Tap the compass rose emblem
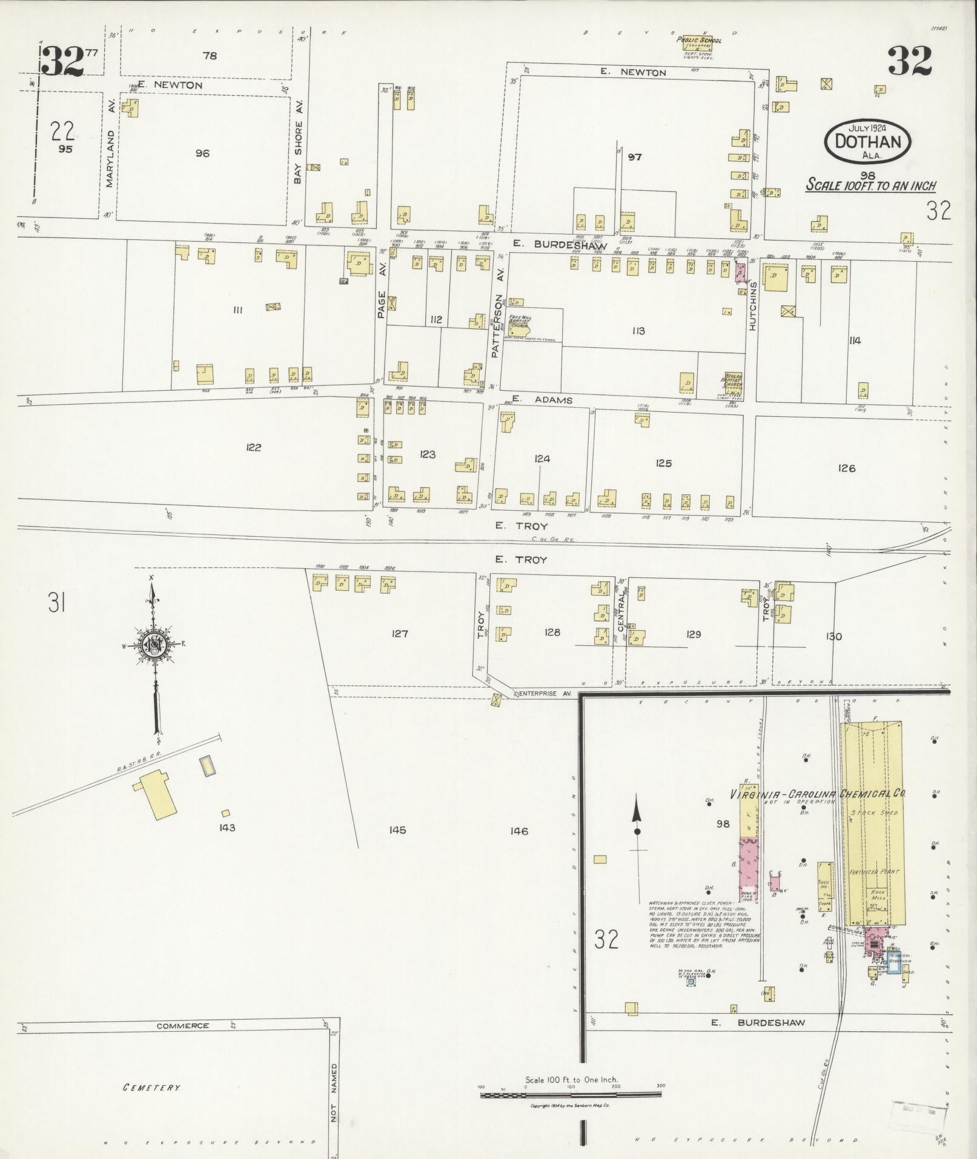tap(156, 645)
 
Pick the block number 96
tap(202, 154)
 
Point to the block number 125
tap(663, 463)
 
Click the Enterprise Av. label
tap(545, 692)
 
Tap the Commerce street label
tap(182, 1026)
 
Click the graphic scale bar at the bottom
tap(571, 1095)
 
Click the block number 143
tap(228, 828)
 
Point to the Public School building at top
tap(699, 43)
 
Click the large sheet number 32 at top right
tap(910, 61)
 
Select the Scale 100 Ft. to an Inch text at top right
tap(870, 186)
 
